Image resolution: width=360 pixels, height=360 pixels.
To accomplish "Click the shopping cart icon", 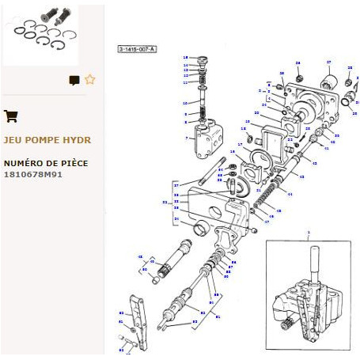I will coord(11,116).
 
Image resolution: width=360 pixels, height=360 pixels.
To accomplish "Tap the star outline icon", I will coord(89,79).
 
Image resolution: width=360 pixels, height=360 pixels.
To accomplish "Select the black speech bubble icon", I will coord(74,80).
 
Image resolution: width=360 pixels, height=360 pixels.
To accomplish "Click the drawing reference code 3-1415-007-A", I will coord(137,49).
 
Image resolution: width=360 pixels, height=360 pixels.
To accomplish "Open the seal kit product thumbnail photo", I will coord(51,35).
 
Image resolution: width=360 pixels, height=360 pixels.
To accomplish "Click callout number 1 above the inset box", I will coord(309,233).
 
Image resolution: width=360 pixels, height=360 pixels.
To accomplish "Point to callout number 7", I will coord(187,138).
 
